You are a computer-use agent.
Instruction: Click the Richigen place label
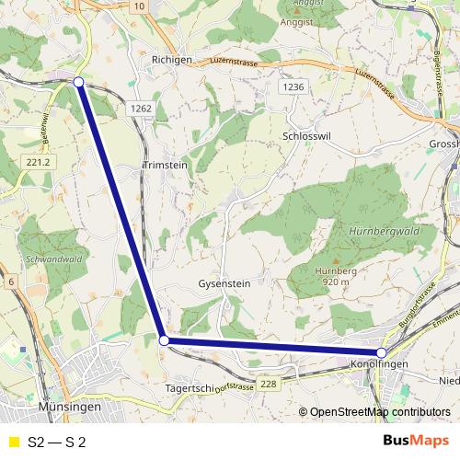click(x=170, y=59)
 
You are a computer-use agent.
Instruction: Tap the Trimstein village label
click(x=166, y=167)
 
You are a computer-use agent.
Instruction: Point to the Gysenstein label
click(x=224, y=284)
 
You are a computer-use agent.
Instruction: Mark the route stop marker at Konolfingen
click(x=382, y=352)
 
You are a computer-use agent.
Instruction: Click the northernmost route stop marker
click(x=78, y=83)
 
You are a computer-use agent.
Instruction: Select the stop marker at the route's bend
click(x=165, y=340)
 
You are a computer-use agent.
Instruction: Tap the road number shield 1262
click(x=141, y=108)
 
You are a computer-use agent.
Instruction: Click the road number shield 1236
click(x=293, y=86)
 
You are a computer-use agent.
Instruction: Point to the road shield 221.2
click(x=38, y=162)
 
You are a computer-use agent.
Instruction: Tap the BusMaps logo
click(x=415, y=440)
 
